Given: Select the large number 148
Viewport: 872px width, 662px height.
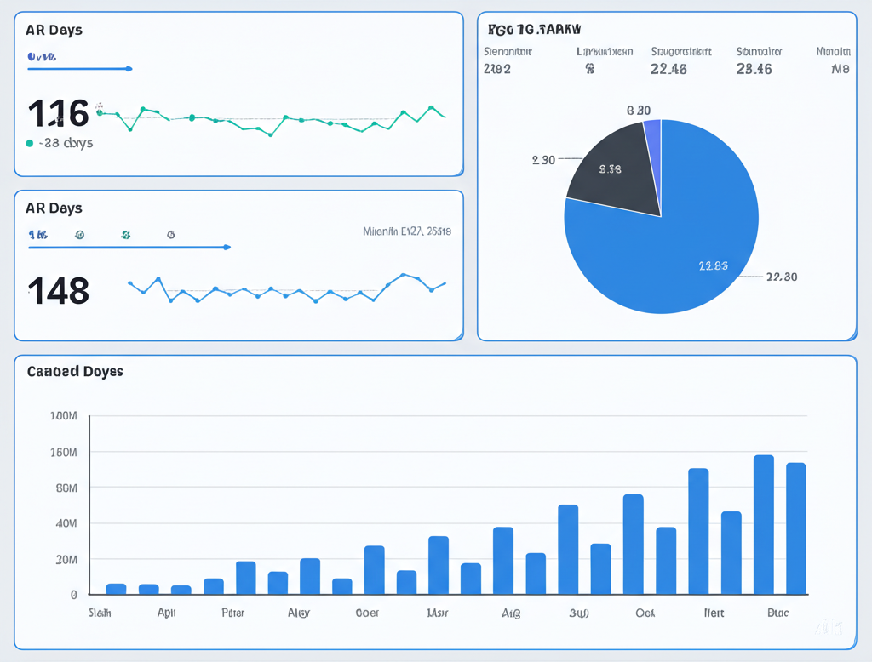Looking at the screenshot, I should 58,291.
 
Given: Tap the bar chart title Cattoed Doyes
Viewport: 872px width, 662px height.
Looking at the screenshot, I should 75,372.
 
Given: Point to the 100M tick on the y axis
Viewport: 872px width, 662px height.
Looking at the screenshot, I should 64,416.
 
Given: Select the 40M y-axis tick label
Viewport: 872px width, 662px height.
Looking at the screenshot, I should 66,523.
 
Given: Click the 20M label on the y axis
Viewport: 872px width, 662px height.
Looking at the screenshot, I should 66,559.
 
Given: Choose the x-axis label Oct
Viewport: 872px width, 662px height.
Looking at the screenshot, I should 645,613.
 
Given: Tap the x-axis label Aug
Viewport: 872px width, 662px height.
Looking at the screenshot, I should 511,613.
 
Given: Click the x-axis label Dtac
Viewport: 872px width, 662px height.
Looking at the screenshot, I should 777,613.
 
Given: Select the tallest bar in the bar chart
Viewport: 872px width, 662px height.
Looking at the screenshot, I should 764,524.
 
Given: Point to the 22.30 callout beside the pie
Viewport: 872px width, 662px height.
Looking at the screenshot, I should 781,277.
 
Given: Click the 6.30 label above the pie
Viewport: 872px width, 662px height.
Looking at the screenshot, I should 639,111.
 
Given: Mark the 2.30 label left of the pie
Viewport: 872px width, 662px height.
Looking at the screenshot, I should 543,160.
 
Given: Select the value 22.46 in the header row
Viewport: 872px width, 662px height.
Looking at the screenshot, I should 668,70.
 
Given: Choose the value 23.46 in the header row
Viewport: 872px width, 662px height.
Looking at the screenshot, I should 754,70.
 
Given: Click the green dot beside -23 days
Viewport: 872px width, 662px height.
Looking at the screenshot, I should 30,144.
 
